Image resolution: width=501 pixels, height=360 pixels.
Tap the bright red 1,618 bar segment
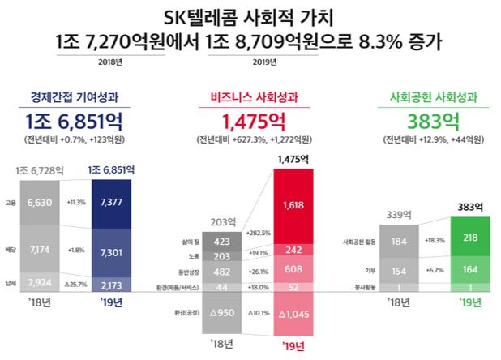(293, 206)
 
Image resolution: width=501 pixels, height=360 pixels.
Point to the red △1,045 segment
(293, 313)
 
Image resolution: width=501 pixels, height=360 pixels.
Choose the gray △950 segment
(221, 312)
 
